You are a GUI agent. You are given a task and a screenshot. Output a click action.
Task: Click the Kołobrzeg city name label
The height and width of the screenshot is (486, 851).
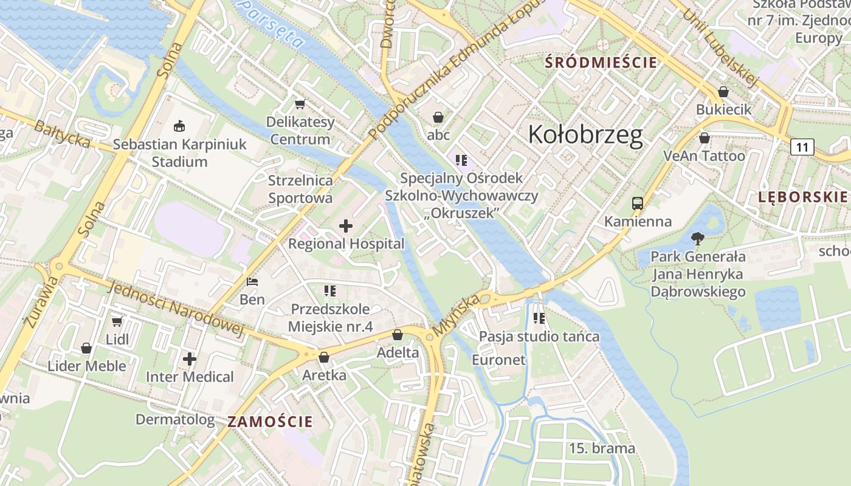(585, 134)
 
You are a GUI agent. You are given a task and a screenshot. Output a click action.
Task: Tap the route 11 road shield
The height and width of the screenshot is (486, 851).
(802, 146)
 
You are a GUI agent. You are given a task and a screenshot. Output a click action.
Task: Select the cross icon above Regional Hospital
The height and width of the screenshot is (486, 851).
(345, 227)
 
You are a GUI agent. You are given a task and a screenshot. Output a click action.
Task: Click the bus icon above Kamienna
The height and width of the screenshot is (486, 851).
(637, 204)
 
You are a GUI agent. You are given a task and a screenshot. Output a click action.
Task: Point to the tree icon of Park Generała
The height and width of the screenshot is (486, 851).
(698, 239)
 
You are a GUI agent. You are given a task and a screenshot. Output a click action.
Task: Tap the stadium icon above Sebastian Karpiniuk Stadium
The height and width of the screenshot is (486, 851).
(179, 126)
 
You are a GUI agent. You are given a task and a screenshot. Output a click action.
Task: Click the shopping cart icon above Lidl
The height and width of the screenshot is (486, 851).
(117, 321)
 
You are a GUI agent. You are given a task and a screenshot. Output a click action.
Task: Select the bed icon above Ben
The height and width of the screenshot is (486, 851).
(252, 282)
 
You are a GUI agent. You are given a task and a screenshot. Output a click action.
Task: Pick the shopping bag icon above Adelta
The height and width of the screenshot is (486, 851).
(398, 335)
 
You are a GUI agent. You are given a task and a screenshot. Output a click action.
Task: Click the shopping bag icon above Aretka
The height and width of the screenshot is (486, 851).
(324, 357)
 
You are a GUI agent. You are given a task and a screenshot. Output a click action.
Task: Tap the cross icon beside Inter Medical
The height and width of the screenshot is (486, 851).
(190, 359)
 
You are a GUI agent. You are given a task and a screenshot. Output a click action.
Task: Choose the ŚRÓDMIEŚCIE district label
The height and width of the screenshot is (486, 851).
(601, 63)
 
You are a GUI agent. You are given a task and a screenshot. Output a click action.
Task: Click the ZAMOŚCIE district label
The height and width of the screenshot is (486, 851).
(270, 422)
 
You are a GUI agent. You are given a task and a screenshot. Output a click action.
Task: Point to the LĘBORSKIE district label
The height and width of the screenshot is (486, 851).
(802, 196)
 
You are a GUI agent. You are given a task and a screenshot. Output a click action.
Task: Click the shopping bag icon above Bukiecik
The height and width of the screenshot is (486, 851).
(723, 92)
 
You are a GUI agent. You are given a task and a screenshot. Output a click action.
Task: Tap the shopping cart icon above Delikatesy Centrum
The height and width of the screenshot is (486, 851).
(300, 104)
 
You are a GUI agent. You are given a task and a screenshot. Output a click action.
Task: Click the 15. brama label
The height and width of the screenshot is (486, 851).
(602, 449)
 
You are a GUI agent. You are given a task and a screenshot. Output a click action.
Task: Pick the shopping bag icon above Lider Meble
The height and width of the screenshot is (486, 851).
(86, 348)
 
